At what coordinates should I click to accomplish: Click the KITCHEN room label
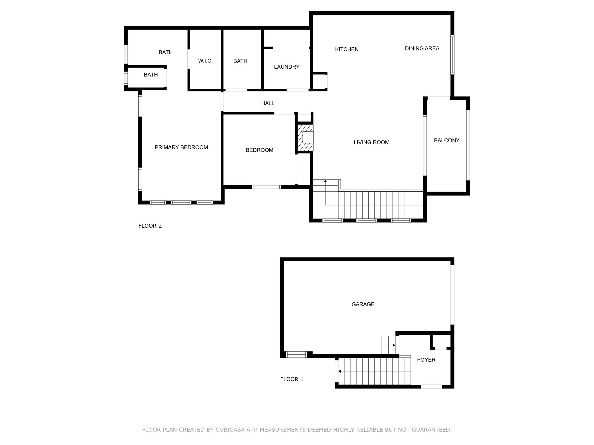click(347, 50)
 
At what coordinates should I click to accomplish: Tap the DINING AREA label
click(422, 49)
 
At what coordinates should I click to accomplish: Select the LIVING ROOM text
click(372, 142)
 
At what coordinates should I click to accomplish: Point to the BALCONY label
click(447, 141)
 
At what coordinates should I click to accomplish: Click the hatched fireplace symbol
click(305, 138)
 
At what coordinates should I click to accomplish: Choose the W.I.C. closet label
click(205, 61)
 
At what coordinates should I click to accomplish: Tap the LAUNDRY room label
click(287, 67)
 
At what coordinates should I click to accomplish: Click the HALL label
click(268, 103)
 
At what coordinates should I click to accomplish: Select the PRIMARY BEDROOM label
click(181, 147)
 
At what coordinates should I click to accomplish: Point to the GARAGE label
click(363, 304)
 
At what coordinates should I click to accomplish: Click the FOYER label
click(426, 360)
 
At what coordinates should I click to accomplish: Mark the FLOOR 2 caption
click(150, 226)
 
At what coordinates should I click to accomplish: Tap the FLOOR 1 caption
click(292, 379)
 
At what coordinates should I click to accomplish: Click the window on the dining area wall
click(452, 55)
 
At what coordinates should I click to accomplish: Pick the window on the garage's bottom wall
click(296, 354)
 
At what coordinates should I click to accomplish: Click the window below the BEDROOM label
click(267, 187)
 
